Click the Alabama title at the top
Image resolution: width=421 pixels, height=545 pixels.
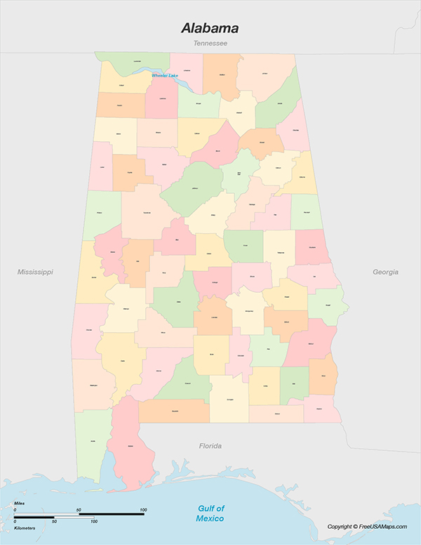(x=210, y=29)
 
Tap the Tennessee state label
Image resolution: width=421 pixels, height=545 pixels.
(x=210, y=44)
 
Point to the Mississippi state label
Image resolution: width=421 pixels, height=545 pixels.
(x=35, y=272)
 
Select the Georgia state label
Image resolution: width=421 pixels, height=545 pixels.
(x=385, y=272)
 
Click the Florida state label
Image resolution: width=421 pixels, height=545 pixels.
(x=210, y=446)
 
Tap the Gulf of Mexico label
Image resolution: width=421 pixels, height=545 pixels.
(x=210, y=513)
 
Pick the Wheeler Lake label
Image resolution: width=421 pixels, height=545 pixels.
(x=165, y=75)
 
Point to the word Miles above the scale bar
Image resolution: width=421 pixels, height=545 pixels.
(x=20, y=504)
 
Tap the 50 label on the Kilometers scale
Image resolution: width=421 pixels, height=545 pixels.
(x=54, y=522)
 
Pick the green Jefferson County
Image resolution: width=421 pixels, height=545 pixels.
(x=193, y=189)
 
